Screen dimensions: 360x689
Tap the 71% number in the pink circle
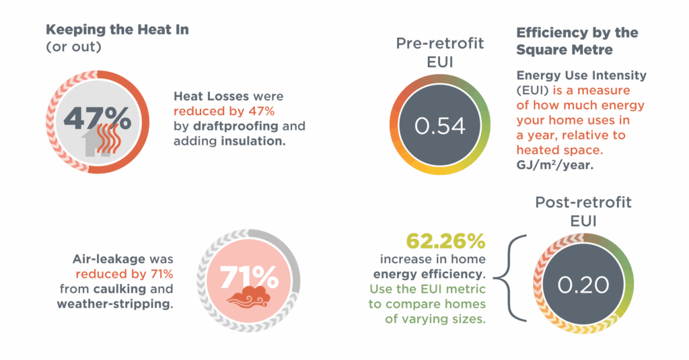tap(248, 276)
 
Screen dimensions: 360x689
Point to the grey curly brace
tap(511, 277)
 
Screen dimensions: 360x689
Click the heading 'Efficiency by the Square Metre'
tap(577, 40)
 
